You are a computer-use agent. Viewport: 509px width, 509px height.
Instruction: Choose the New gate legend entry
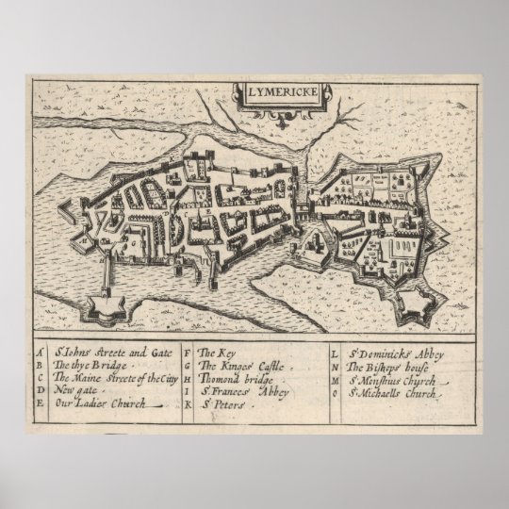click(x=76, y=388)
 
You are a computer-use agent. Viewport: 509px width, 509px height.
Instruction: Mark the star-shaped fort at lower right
click(x=413, y=303)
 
